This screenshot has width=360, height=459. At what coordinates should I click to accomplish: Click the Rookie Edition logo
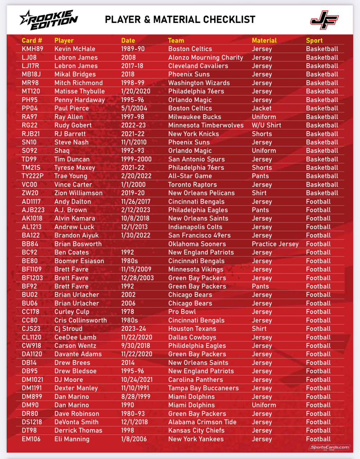[49, 20]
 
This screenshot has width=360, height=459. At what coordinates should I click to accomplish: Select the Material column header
[264, 40]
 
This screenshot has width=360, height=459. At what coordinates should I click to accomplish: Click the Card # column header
[32, 40]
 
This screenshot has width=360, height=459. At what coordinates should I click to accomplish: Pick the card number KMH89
[32, 49]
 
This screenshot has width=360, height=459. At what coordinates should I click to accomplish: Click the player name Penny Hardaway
[79, 100]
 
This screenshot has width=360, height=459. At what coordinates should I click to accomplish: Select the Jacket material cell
[262, 108]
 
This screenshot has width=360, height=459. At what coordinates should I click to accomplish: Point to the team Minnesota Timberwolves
[206, 125]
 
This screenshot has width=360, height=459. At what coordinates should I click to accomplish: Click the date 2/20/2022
[136, 176]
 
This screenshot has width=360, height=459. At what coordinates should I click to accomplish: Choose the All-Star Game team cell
[190, 176]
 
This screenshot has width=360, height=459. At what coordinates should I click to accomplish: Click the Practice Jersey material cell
[275, 244]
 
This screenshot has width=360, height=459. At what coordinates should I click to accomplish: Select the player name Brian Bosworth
[78, 244]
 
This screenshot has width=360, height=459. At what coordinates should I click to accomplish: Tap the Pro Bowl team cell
[182, 312]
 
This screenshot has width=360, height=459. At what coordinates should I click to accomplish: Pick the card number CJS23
[31, 329]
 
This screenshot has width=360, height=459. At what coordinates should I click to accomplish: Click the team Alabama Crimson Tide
[202, 422]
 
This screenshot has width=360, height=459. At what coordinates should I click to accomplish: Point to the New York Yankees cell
[196, 439]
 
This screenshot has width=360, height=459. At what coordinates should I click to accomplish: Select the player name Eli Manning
[72, 439]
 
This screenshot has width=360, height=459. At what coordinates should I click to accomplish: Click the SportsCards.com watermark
[329, 447]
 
